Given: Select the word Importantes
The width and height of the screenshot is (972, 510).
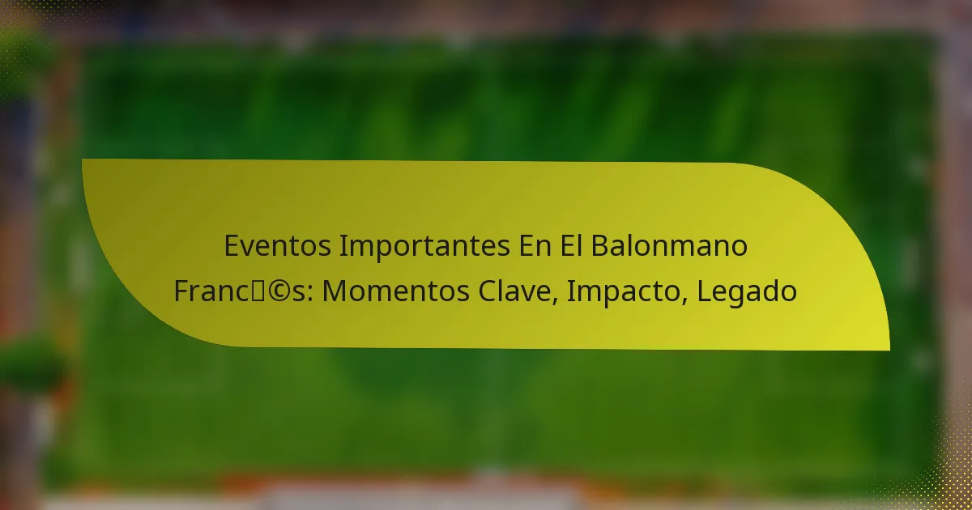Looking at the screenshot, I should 424,246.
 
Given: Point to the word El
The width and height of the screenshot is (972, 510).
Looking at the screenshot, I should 572,246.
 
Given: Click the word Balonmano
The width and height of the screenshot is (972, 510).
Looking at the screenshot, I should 669,246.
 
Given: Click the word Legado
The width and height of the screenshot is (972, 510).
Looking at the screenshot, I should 746,291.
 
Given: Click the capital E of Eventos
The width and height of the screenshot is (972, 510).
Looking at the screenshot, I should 232,246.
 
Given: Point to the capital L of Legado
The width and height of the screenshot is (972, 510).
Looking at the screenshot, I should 701,291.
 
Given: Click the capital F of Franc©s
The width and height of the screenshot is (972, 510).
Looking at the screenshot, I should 181,291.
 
